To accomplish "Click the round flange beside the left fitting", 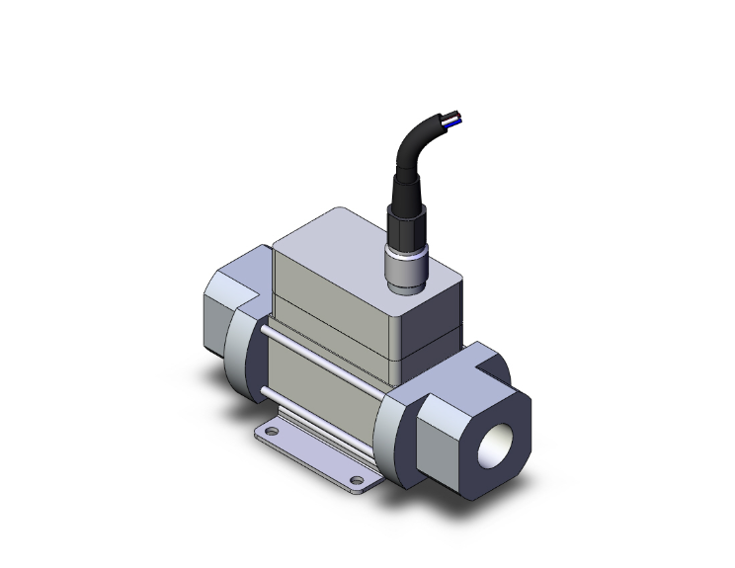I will (245, 356).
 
